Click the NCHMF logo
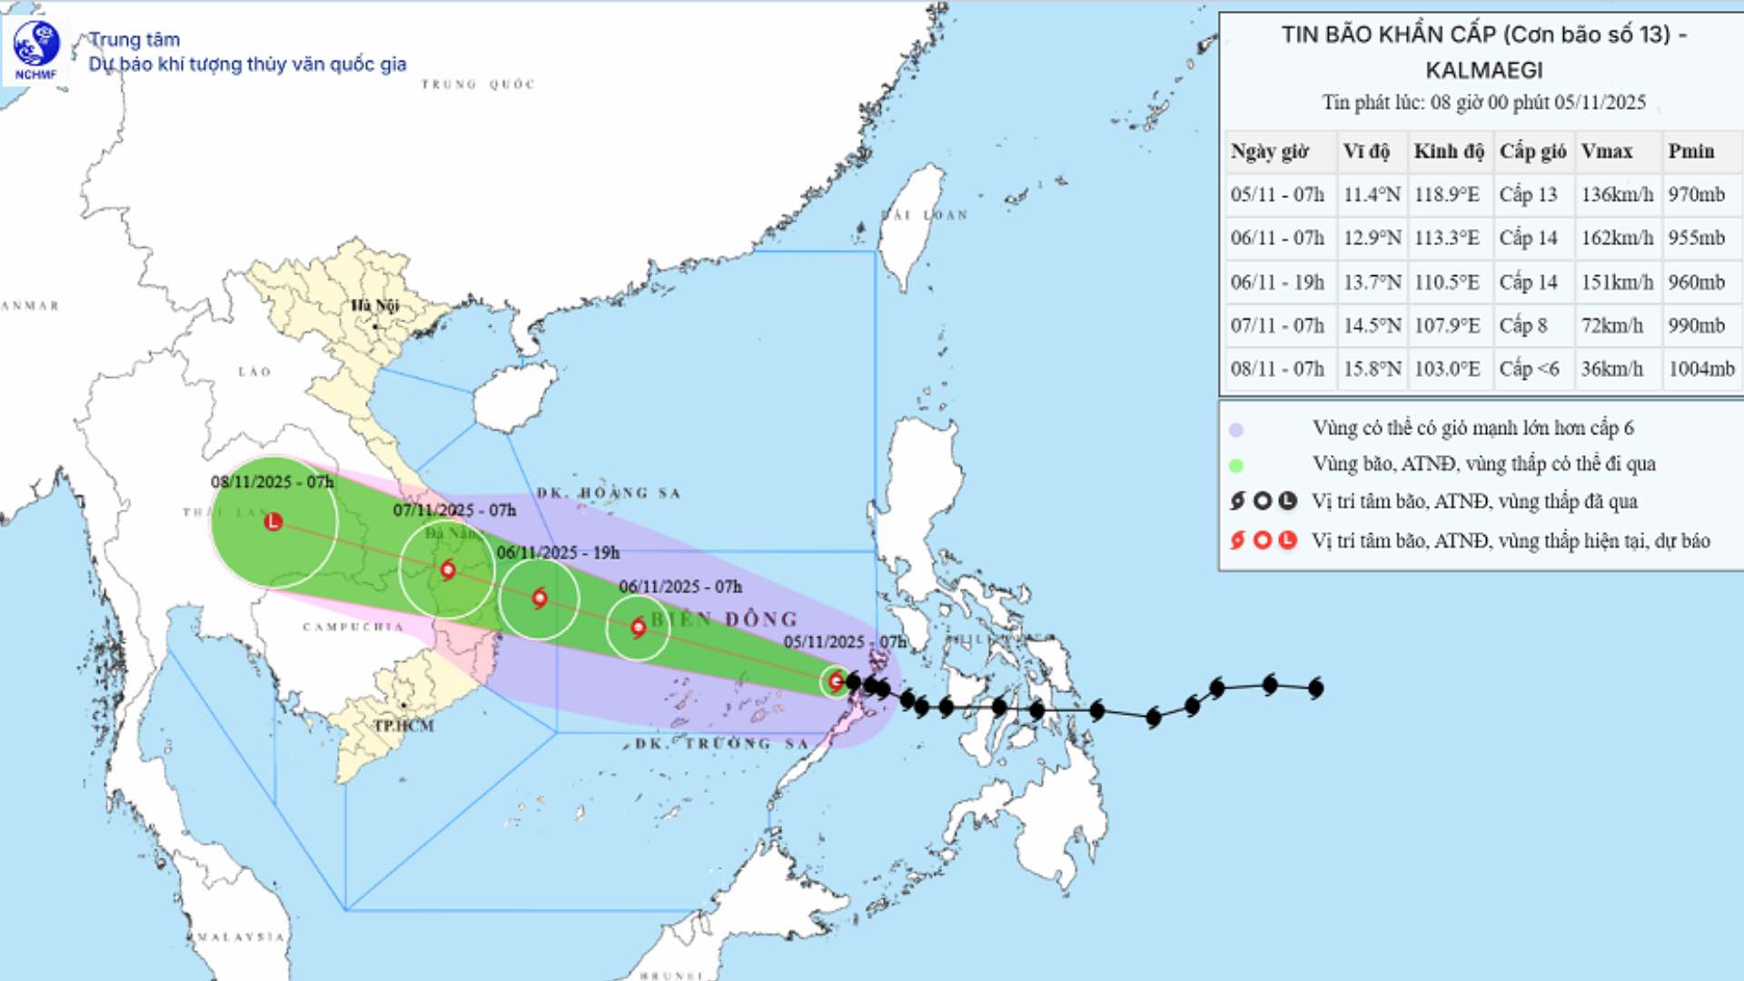[36, 49]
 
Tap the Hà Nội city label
[374, 305]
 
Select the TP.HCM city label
[404, 726]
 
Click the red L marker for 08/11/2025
[273, 521]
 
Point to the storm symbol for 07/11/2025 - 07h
[447, 570]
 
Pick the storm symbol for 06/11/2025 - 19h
[540, 598]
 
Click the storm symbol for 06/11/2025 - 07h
[639, 627]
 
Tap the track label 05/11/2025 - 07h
[845, 641]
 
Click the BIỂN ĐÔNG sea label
[724, 619]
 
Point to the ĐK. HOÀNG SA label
[608, 493]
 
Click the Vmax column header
[1606, 152]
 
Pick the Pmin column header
[1690, 152]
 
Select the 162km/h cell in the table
[1617, 238]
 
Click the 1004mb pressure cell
[1700, 369]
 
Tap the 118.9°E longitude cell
[1446, 194]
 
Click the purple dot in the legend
[1236, 430]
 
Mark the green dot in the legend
[1236, 466]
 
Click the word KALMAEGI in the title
[1483, 70]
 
